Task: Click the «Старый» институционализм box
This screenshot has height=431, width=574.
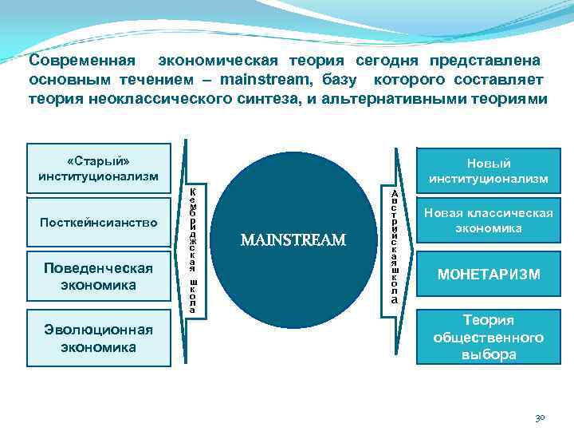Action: click(x=99, y=168)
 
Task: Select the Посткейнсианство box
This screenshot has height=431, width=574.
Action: click(x=99, y=222)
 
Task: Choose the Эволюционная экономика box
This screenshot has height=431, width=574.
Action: click(x=99, y=338)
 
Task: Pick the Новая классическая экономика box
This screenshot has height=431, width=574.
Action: click(x=489, y=221)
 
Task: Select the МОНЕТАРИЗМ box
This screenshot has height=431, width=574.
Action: click(x=489, y=275)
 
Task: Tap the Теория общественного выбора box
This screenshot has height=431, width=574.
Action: click(x=489, y=337)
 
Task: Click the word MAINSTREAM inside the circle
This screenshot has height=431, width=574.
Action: click(x=293, y=239)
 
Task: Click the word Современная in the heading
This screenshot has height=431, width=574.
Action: click(x=77, y=61)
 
